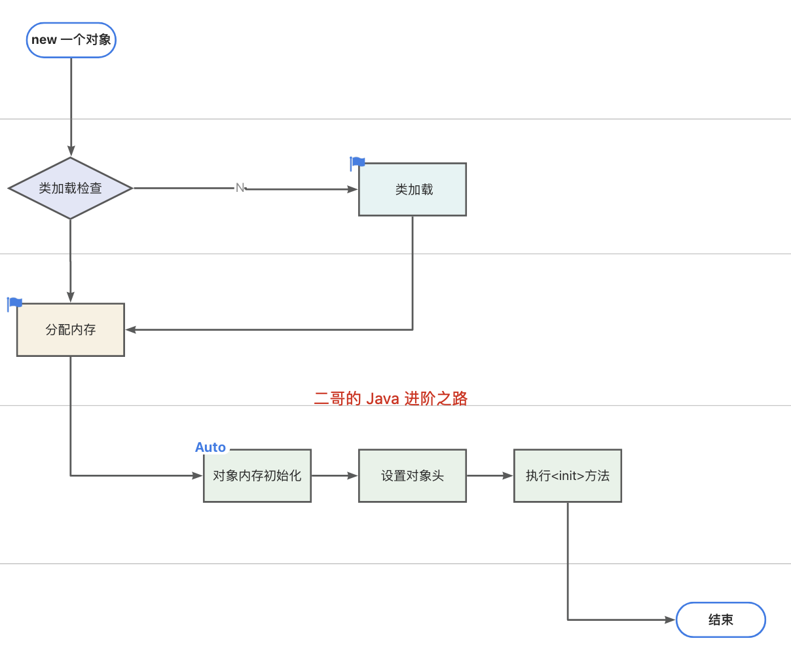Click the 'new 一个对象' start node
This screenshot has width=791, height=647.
coord(71,40)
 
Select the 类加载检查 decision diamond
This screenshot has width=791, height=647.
coord(71,189)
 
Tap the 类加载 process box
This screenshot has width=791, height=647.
coord(413,189)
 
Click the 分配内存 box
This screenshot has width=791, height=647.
coord(71,329)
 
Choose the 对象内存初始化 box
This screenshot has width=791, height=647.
coord(257,475)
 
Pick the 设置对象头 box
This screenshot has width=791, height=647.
coord(413,475)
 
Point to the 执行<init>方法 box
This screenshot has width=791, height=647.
coord(568,475)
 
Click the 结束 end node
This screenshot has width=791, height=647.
coord(720,619)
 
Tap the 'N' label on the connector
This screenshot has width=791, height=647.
coord(240,188)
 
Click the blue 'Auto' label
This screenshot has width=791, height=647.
coord(210,447)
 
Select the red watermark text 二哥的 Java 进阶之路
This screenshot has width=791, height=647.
coord(391,398)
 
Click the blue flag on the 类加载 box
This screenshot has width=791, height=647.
coord(358,162)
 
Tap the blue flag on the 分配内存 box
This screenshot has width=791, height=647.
coord(15,303)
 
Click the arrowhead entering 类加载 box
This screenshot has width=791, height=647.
coord(352,189)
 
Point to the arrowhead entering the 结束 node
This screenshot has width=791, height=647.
coord(669,619)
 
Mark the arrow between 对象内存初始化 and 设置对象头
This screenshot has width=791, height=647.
coord(335,475)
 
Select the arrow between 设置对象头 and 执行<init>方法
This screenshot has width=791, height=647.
coord(490,475)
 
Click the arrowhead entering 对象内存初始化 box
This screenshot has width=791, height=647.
coord(197,475)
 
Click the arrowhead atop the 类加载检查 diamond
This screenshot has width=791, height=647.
coord(71,151)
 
